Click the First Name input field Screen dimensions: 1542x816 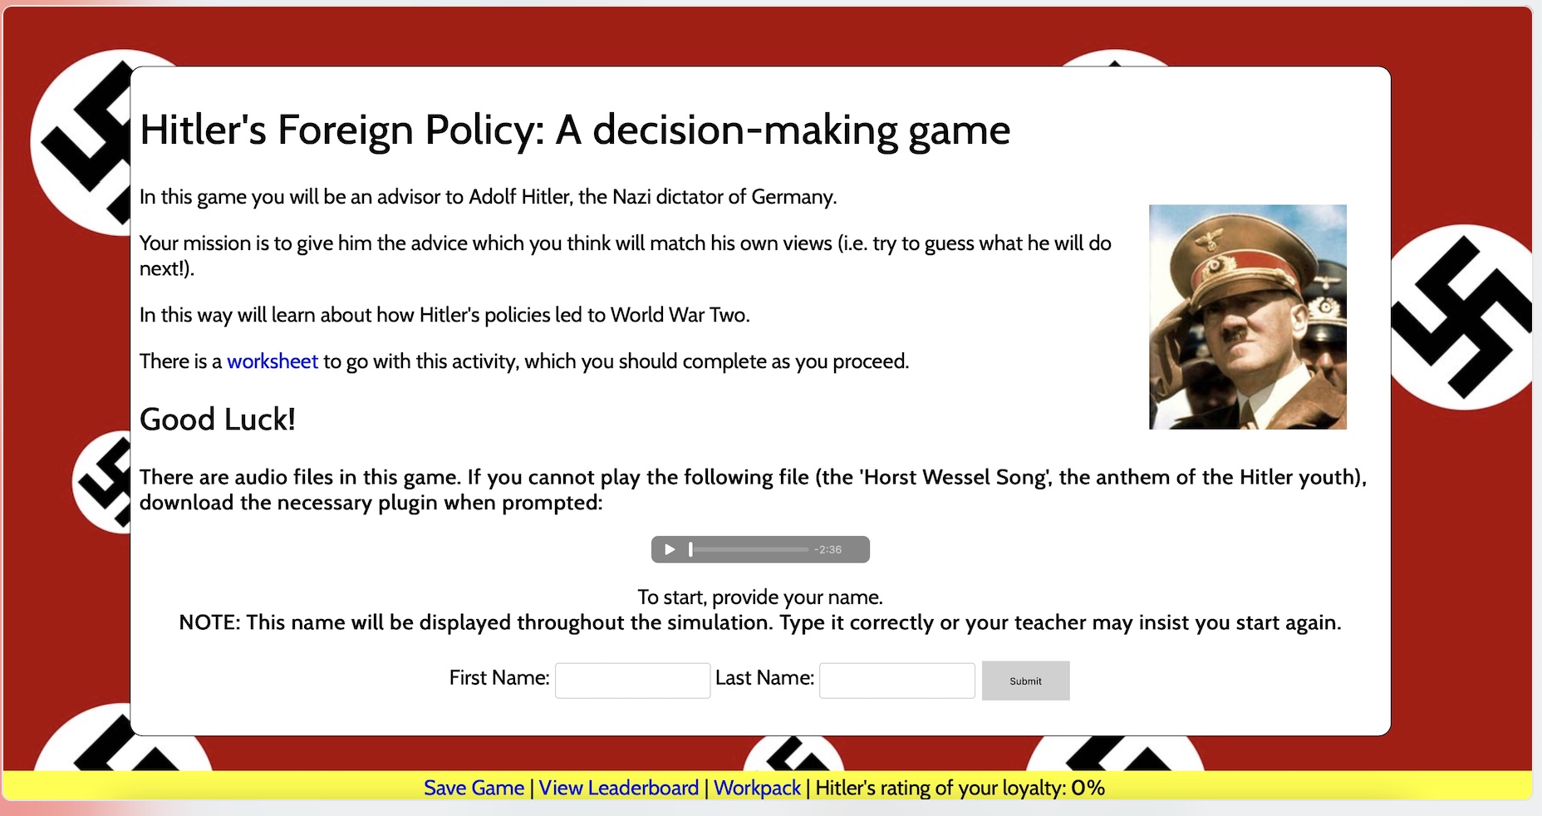click(632, 681)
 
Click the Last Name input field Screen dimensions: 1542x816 click(897, 681)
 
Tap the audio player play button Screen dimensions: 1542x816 click(670, 549)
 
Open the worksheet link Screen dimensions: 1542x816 click(273, 361)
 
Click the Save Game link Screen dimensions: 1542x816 click(474, 788)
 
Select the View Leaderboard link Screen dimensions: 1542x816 click(619, 788)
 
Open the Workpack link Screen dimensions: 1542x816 click(757, 788)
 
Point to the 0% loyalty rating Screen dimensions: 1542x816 click(1088, 788)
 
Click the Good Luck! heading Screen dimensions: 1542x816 click(218, 420)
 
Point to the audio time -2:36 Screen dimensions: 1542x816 click(827, 549)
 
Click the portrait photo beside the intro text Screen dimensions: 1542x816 click(1248, 317)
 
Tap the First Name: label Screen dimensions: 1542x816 click(499, 678)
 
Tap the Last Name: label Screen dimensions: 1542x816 click(764, 678)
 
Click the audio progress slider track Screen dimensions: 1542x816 click(749, 549)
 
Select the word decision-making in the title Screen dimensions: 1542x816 click(744, 130)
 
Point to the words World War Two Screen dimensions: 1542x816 click(680, 315)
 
